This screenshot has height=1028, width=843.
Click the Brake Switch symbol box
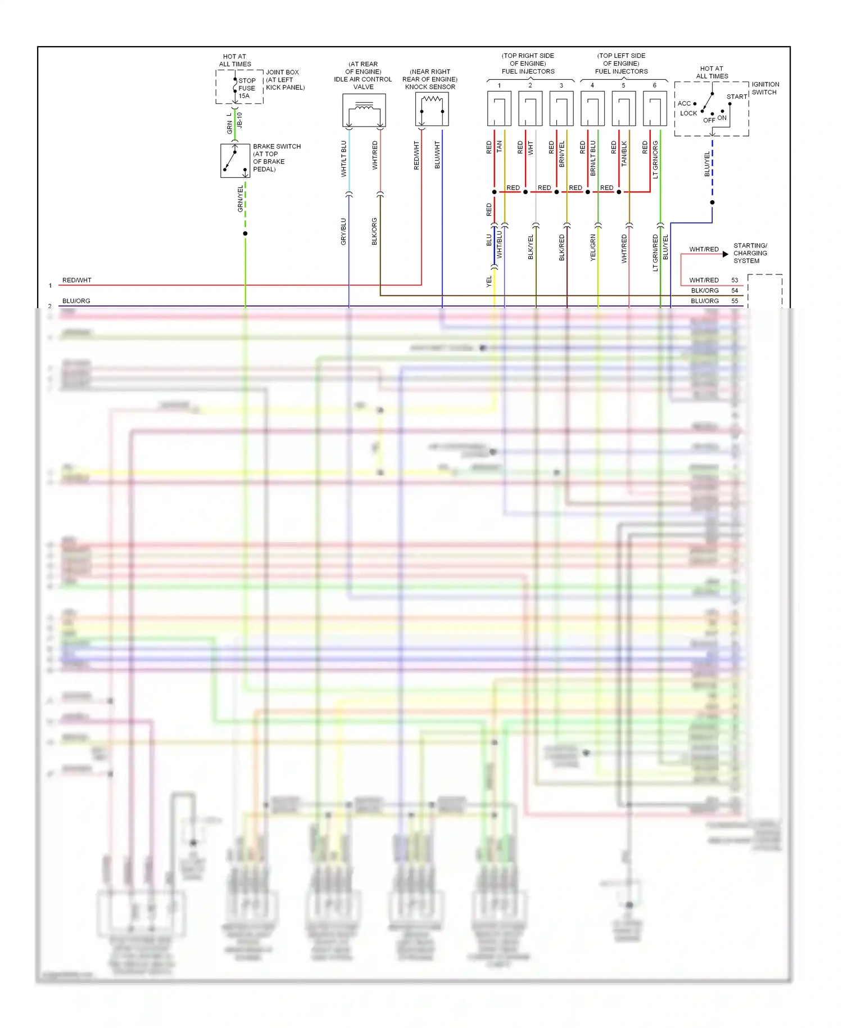tap(235, 161)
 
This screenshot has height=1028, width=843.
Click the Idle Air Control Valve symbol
tap(364, 110)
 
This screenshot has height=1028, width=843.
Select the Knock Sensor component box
tap(432, 110)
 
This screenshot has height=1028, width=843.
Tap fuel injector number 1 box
tap(499, 108)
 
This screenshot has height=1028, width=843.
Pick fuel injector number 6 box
tap(654, 108)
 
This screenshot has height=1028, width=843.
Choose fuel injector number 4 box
tap(592, 108)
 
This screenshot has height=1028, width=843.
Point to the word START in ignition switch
tap(736, 97)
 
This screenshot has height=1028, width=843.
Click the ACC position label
tap(684, 103)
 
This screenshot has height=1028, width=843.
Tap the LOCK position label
tap(688, 114)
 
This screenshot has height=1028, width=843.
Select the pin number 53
tap(735, 280)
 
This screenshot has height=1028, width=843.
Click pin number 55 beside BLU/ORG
tap(735, 301)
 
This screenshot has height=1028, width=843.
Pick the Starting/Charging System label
tap(750, 253)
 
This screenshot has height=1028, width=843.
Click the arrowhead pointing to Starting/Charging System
tap(726, 254)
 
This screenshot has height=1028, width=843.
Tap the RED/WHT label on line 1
tap(77, 280)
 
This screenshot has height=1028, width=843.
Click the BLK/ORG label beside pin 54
tap(705, 291)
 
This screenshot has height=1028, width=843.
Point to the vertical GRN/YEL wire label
tap(241, 199)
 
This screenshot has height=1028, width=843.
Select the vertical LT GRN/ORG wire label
tap(655, 160)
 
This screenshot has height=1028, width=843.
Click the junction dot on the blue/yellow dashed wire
tap(712, 202)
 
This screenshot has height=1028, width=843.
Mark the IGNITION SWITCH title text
tap(765, 88)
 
